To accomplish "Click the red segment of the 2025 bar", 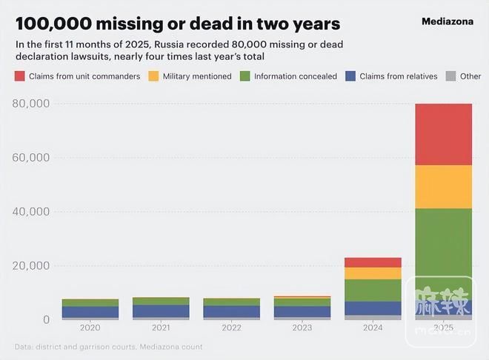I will point(443,134).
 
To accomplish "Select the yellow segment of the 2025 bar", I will point(443,186).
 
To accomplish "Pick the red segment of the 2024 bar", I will point(373,262).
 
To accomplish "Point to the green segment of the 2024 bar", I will point(373,290).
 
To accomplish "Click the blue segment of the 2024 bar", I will point(373,307).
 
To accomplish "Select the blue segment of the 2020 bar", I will point(90,312).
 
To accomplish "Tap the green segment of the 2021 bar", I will point(160,301).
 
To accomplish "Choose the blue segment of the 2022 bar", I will point(231,311).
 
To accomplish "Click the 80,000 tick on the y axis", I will point(31,104).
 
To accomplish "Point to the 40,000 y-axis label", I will point(31,212).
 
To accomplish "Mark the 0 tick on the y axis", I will point(46,320).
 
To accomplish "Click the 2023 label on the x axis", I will point(302,327).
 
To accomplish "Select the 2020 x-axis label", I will point(90,327).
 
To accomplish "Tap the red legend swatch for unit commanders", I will point(20,76).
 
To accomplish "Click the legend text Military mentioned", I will point(197,76).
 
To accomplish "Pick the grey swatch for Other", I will point(450,76).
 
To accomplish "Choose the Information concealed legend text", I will point(296,76).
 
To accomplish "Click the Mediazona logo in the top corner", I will point(447,21).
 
